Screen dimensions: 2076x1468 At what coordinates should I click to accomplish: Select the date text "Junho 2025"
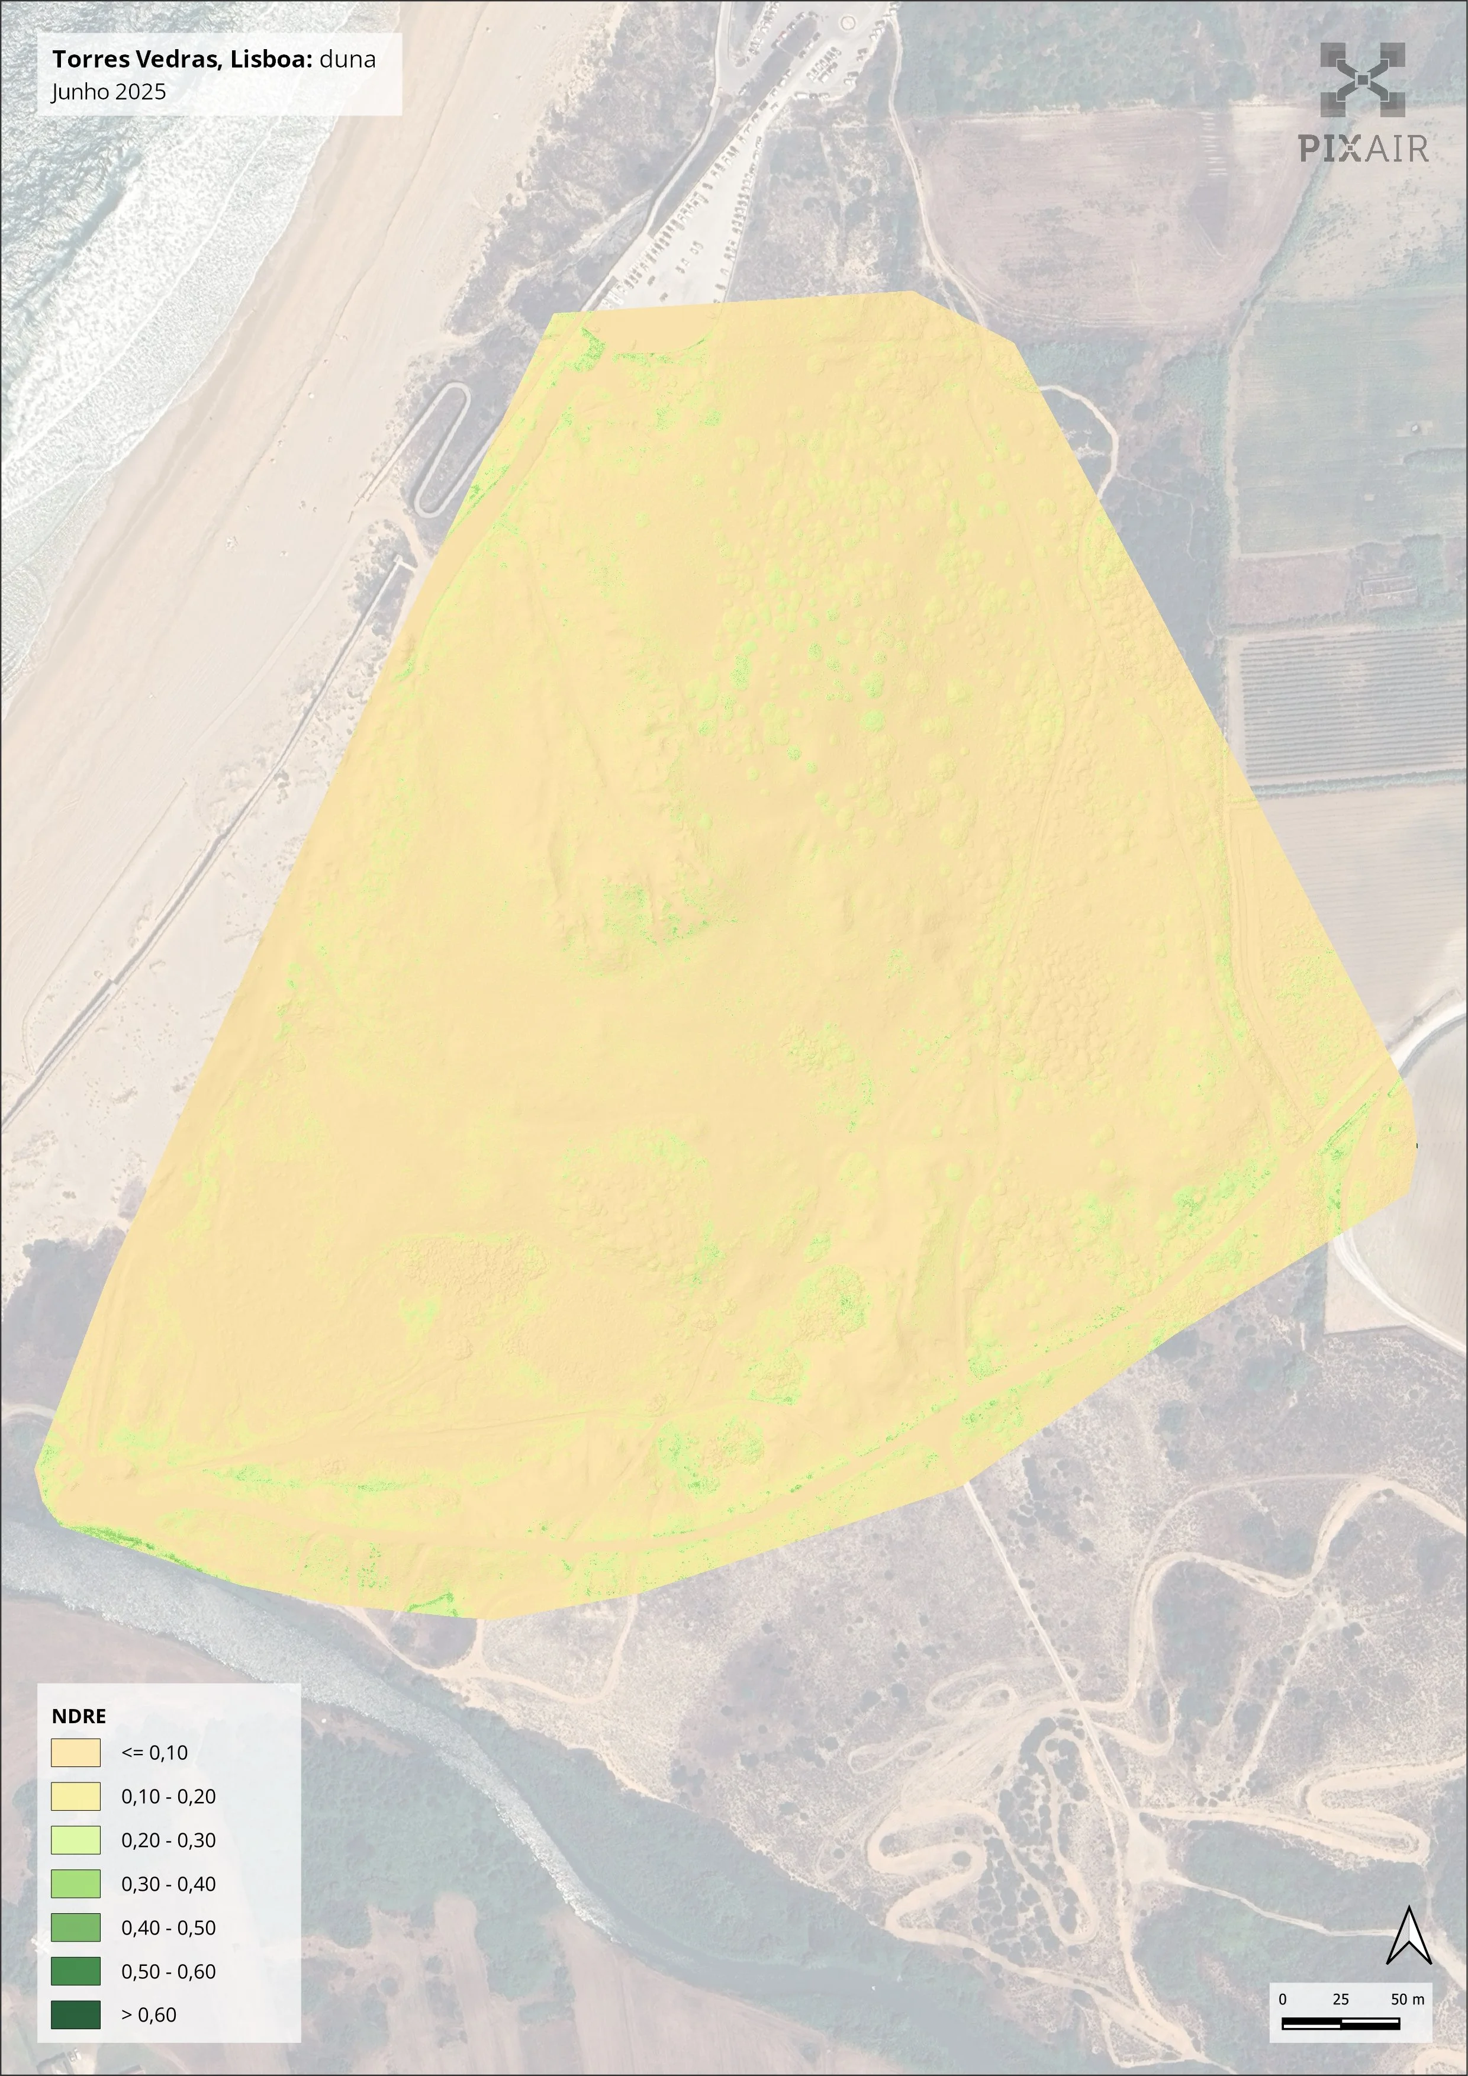(108, 91)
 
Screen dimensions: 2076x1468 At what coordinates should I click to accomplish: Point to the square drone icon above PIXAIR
(1362, 81)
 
